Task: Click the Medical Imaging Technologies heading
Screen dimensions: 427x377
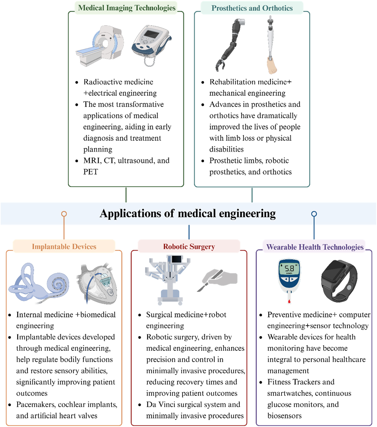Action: click(x=127, y=8)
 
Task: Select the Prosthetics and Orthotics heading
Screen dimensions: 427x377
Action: click(x=252, y=8)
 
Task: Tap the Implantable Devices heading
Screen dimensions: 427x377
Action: click(x=64, y=247)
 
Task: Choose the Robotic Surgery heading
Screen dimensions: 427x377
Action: click(x=189, y=247)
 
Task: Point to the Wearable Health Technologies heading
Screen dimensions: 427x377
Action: click(x=315, y=247)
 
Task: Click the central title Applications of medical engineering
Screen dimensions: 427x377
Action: click(x=188, y=214)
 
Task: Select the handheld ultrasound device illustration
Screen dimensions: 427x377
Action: click(x=151, y=43)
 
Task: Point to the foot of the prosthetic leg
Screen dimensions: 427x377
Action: click(x=271, y=65)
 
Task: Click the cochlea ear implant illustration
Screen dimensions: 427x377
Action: click(x=40, y=282)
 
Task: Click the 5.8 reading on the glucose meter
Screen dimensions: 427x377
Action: click(x=289, y=268)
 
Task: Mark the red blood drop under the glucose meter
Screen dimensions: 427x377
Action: click(x=289, y=301)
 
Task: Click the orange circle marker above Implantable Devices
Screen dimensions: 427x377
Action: click(x=64, y=214)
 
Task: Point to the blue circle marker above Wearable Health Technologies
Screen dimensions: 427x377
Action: click(x=314, y=214)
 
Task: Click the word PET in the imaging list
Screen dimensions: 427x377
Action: click(x=91, y=172)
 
